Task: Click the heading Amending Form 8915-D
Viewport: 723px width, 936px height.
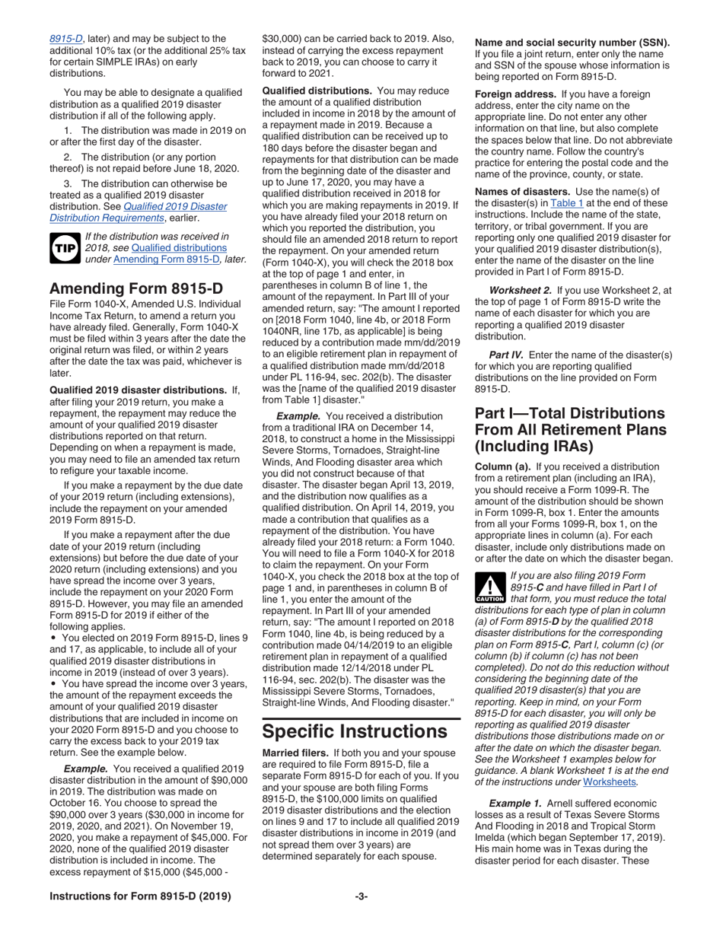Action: click(x=136, y=267)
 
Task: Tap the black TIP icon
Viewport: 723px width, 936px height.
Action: click(x=62, y=247)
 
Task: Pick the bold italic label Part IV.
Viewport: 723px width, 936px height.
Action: click(x=505, y=355)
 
